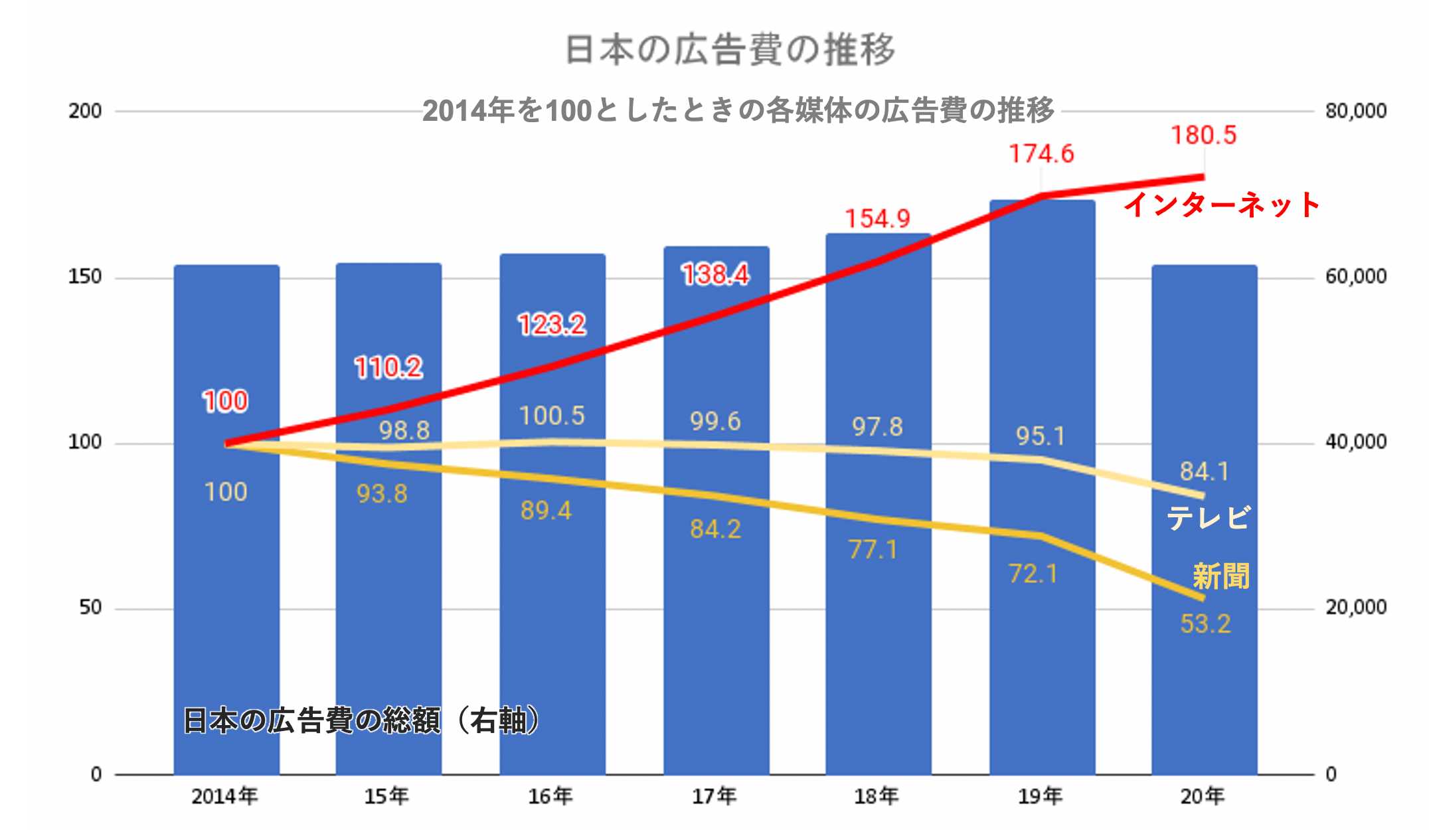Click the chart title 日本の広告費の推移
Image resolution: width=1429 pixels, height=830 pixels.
click(x=730, y=50)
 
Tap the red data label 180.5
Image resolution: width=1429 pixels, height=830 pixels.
click(x=1203, y=135)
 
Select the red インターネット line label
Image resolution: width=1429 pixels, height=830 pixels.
click(x=1222, y=205)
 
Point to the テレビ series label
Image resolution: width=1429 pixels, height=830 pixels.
click(x=1209, y=518)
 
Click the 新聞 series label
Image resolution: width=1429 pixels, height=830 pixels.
click(x=1220, y=576)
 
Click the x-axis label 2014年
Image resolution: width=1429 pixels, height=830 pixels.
click(x=224, y=796)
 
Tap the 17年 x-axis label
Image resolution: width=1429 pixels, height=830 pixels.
click(x=714, y=796)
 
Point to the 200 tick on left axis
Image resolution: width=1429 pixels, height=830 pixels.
click(x=85, y=111)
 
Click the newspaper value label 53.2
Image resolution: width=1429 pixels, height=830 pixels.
click(x=1205, y=624)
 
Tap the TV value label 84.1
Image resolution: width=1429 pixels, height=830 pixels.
click(x=1204, y=472)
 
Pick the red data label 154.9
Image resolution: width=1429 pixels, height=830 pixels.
click(x=877, y=219)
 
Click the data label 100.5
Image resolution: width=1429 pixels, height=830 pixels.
click(x=552, y=416)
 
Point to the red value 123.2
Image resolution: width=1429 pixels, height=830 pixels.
click(x=552, y=325)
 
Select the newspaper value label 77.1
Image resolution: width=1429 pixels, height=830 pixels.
click(x=873, y=550)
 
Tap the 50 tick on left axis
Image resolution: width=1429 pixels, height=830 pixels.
click(x=90, y=608)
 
